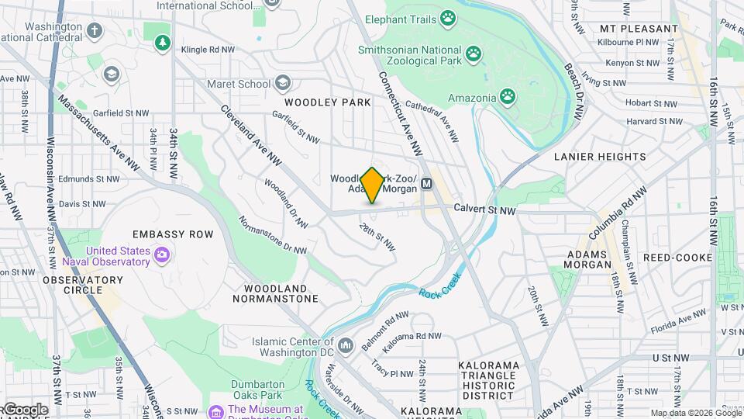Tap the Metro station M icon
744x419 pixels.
point(426,185)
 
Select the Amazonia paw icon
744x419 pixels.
point(508,97)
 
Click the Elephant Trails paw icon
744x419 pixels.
point(449,17)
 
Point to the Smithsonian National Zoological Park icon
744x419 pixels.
point(474,54)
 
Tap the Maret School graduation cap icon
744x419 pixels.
point(283,83)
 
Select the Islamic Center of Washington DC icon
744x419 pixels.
point(346,344)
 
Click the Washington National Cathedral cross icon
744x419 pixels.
point(95,31)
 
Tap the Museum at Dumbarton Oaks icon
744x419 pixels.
point(216,410)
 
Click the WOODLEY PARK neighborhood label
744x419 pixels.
point(327,102)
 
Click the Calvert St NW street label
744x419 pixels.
point(484,209)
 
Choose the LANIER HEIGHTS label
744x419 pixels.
point(600,157)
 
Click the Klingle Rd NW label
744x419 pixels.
point(207,49)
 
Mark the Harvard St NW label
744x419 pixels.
point(655,121)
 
